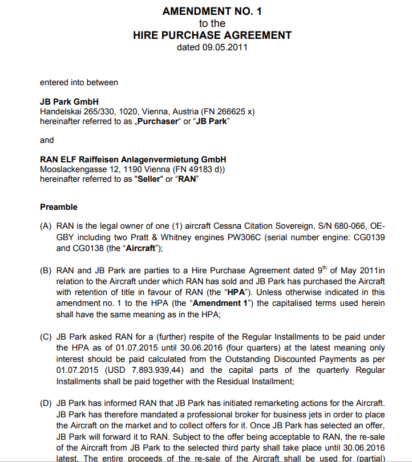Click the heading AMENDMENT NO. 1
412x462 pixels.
point(212,11)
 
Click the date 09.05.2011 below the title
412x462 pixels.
point(225,47)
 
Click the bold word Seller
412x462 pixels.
point(148,179)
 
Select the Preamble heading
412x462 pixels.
point(59,207)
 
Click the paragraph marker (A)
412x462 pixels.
point(46,226)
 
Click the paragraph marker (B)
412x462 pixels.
point(46,270)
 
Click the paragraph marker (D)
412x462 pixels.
point(46,403)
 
